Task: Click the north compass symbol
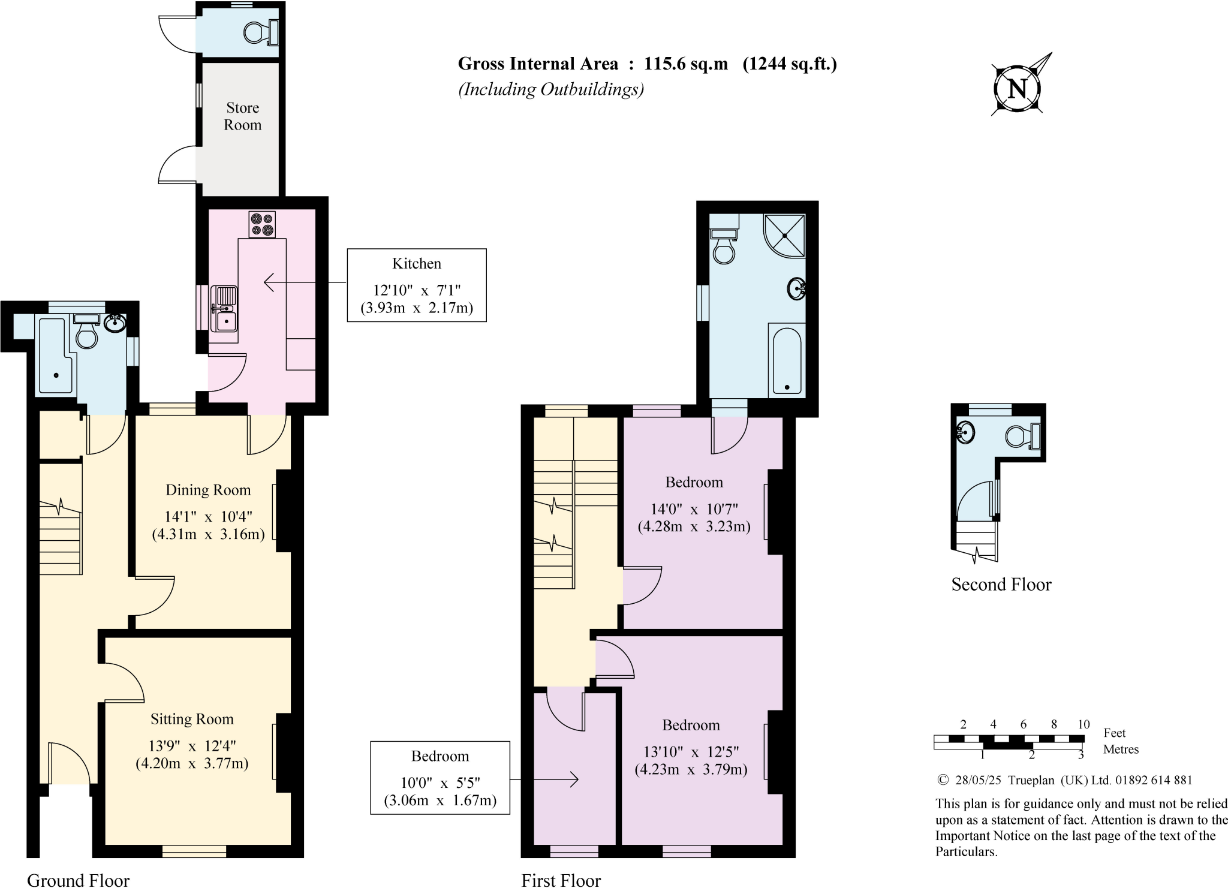click(1018, 89)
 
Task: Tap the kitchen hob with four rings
click(262, 224)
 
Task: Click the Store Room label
click(242, 116)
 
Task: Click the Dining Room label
click(208, 490)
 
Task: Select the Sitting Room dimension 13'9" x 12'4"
click(192, 746)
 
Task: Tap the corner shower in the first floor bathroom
click(785, 234)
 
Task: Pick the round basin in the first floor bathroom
click(796, 289)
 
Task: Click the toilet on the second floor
click(1021, 435)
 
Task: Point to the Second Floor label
click(1001, 585)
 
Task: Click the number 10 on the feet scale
click(1083, 724)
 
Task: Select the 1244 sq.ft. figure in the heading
click(790, 64)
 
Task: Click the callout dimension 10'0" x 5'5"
click(440, 782)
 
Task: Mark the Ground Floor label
click(78, 880)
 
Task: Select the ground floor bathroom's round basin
click(115, 324)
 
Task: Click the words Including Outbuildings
click(551, 89)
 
